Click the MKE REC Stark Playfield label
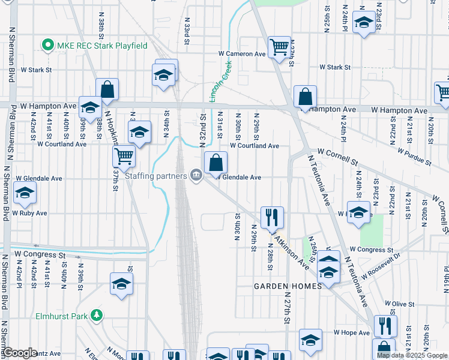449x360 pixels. tap(102, 45)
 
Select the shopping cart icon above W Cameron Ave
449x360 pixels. tap(280, 47)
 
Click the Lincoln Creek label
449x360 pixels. tap(220, 82)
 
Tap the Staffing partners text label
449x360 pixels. tap(157, 175)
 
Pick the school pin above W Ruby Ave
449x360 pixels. tap(25, 193)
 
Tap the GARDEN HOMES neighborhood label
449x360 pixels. tap(288, 286)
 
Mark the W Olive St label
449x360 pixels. tap(400, 304)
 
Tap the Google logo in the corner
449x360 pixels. tap(20, 353)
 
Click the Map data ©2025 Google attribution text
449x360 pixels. tap(412, 355)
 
